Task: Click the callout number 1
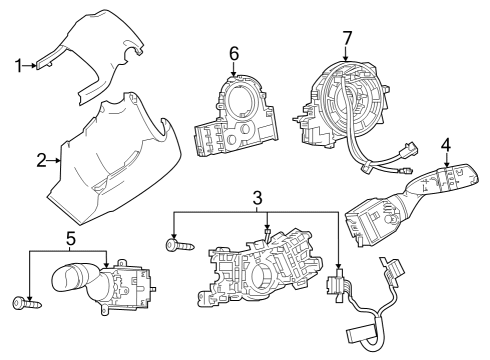point(17,67)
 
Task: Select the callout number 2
point(42,159)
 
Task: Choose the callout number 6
point(233,52)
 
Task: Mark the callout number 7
point(347,38)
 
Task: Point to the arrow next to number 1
point(33,67)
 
